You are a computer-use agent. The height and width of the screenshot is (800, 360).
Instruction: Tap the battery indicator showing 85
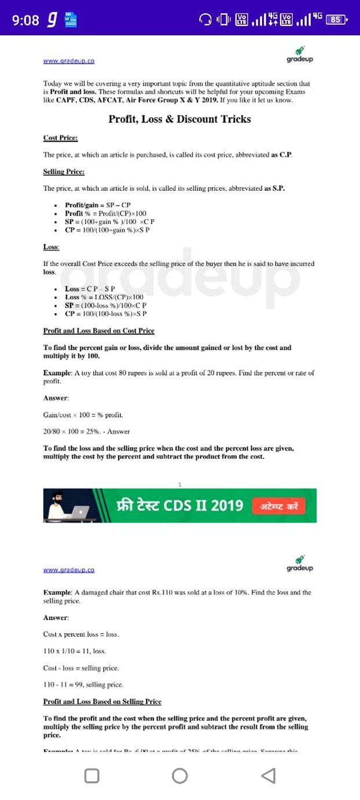point(336,20)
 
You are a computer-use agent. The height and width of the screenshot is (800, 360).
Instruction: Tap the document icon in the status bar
point(71,20)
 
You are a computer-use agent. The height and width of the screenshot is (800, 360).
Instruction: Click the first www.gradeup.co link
point(69,60)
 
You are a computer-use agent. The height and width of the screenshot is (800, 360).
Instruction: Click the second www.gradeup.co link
point(69,569)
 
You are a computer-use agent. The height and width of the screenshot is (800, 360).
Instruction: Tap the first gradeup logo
point(299,55)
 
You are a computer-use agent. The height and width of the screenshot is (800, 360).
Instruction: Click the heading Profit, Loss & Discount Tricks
point(179,119)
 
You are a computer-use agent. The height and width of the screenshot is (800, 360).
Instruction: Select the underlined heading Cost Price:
point(60,138)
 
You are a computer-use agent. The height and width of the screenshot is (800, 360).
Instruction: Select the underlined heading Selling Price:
point(64,172)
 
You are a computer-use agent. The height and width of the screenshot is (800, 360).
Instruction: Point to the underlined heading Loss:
point(51,247)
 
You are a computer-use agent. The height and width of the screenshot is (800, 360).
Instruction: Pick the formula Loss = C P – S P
point(90,289)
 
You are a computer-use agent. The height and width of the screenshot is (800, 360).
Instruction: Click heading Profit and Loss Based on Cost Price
point(98,331)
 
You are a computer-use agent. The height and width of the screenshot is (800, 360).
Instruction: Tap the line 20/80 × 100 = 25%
point(86,432)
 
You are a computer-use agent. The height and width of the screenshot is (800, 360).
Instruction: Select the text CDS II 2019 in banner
point(203,506)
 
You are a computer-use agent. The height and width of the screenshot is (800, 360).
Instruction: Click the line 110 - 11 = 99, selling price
point(83,685)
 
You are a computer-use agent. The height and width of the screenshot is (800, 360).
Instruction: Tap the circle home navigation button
point(179,776)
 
